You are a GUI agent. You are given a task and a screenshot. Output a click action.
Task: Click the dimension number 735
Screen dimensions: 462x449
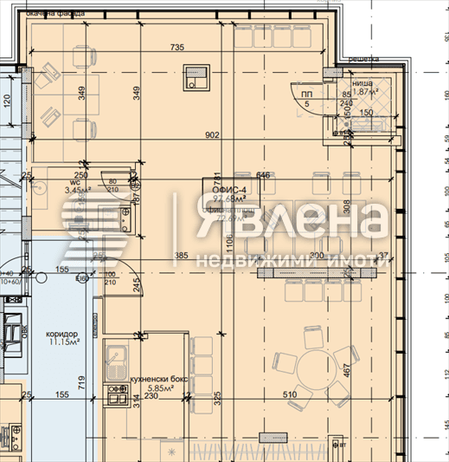pos(177,47)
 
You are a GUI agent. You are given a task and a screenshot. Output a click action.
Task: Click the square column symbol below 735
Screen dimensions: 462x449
pos(192,82)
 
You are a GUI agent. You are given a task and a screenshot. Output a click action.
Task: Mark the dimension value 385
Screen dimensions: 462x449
pos(181,256)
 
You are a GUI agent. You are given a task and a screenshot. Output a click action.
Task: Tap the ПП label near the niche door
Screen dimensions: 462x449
pos(306,94)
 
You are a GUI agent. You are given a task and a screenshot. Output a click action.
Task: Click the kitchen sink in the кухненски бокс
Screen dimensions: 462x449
pos(115,355)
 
